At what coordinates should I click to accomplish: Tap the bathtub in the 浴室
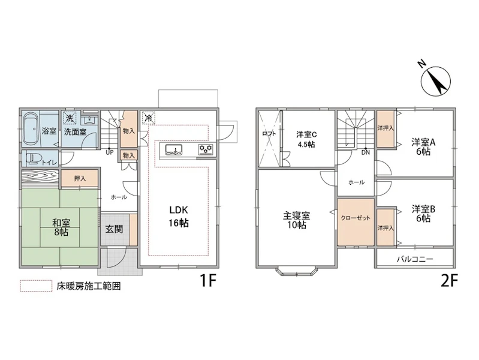tap(31, 129)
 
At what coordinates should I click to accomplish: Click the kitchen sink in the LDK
tap(173, 149)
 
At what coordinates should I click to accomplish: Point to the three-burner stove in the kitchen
tap(206, 149)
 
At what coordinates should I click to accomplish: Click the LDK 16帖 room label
tap(179, 217)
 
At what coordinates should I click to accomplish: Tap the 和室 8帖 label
tap(61, 227)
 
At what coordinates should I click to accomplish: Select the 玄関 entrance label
tap(114, 229)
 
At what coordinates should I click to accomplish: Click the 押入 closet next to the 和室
tap(79, 178)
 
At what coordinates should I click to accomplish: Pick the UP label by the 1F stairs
tap(109, 152)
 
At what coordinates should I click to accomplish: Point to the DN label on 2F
tap(365, 152)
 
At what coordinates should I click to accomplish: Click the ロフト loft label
tap(269, 134)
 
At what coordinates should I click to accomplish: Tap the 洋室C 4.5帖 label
tap(306, 139)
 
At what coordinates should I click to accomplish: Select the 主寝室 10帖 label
tap(296, 220)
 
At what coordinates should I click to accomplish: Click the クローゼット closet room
tap(356, 223)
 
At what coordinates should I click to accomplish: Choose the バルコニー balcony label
tap(415, 260)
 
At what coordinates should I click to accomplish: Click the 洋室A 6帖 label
tap(423, 147)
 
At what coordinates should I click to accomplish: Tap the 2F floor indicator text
tap(450, 281)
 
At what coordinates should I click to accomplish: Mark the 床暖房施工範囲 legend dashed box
tap(36, 286)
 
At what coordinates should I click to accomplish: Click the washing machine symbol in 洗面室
tap(70, 118)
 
